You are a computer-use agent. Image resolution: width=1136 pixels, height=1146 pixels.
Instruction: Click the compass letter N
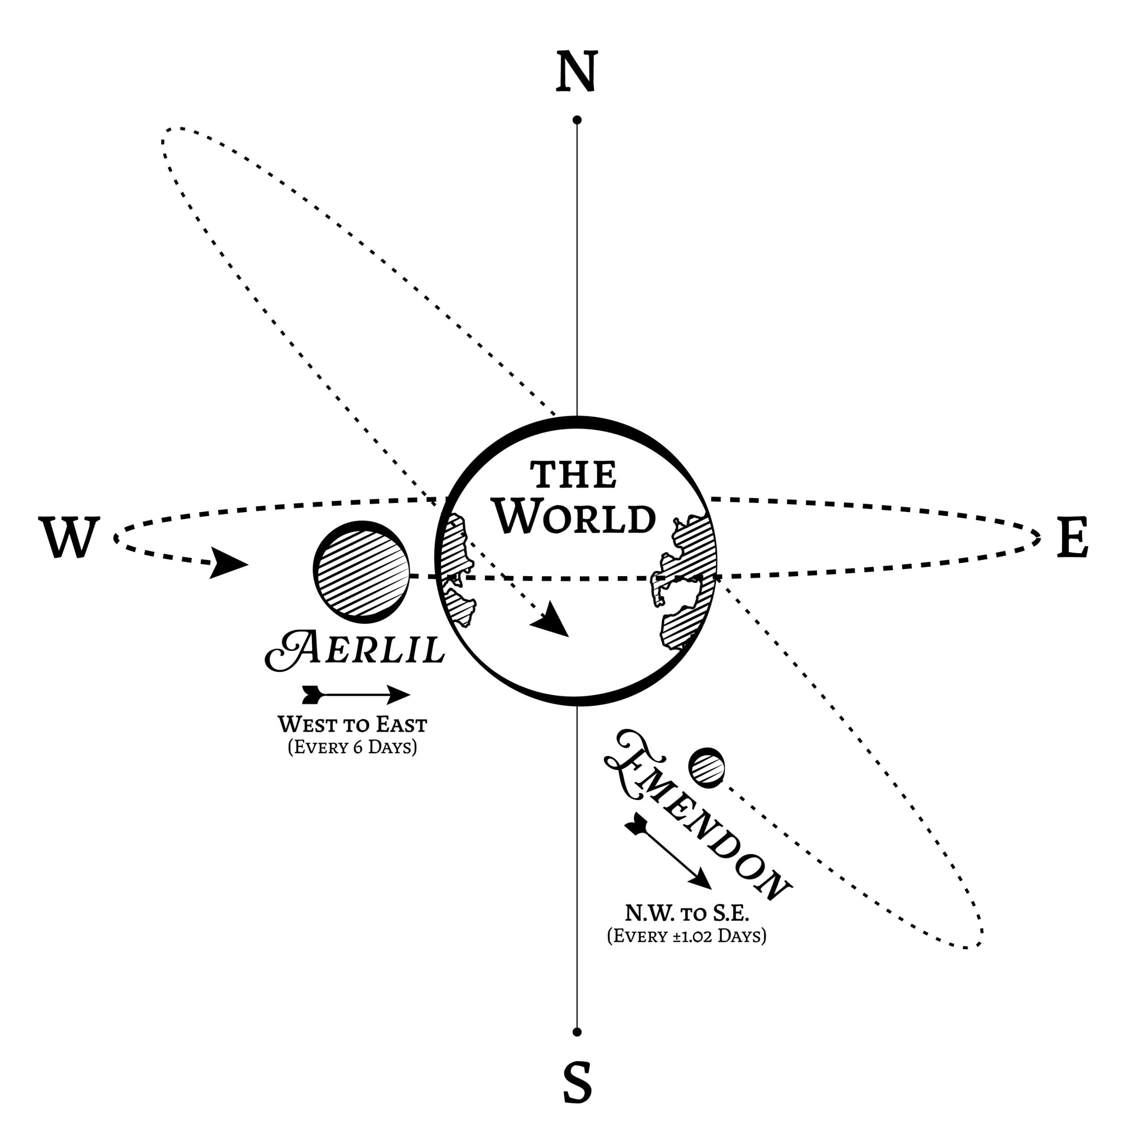pos(576,71)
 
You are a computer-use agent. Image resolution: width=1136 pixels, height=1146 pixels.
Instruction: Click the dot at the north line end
pos(577,120)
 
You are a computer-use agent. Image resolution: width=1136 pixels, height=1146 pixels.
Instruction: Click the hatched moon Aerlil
pos(362,572)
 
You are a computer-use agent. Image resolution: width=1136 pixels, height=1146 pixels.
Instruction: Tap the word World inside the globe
pos(575,517)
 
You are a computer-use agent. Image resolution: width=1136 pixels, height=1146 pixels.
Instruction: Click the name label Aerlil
pos(354,650)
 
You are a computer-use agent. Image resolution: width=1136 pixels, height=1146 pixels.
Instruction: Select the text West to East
pos(352,725)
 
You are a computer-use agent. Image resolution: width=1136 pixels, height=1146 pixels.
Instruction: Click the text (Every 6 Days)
pos(352,746)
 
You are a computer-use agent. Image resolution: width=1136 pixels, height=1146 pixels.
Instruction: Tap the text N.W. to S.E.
pos(687,913)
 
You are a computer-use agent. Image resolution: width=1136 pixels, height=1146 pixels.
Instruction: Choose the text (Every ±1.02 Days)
pos(687,936)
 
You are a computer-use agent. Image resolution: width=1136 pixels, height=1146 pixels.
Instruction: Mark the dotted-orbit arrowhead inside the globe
pos(551,620)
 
